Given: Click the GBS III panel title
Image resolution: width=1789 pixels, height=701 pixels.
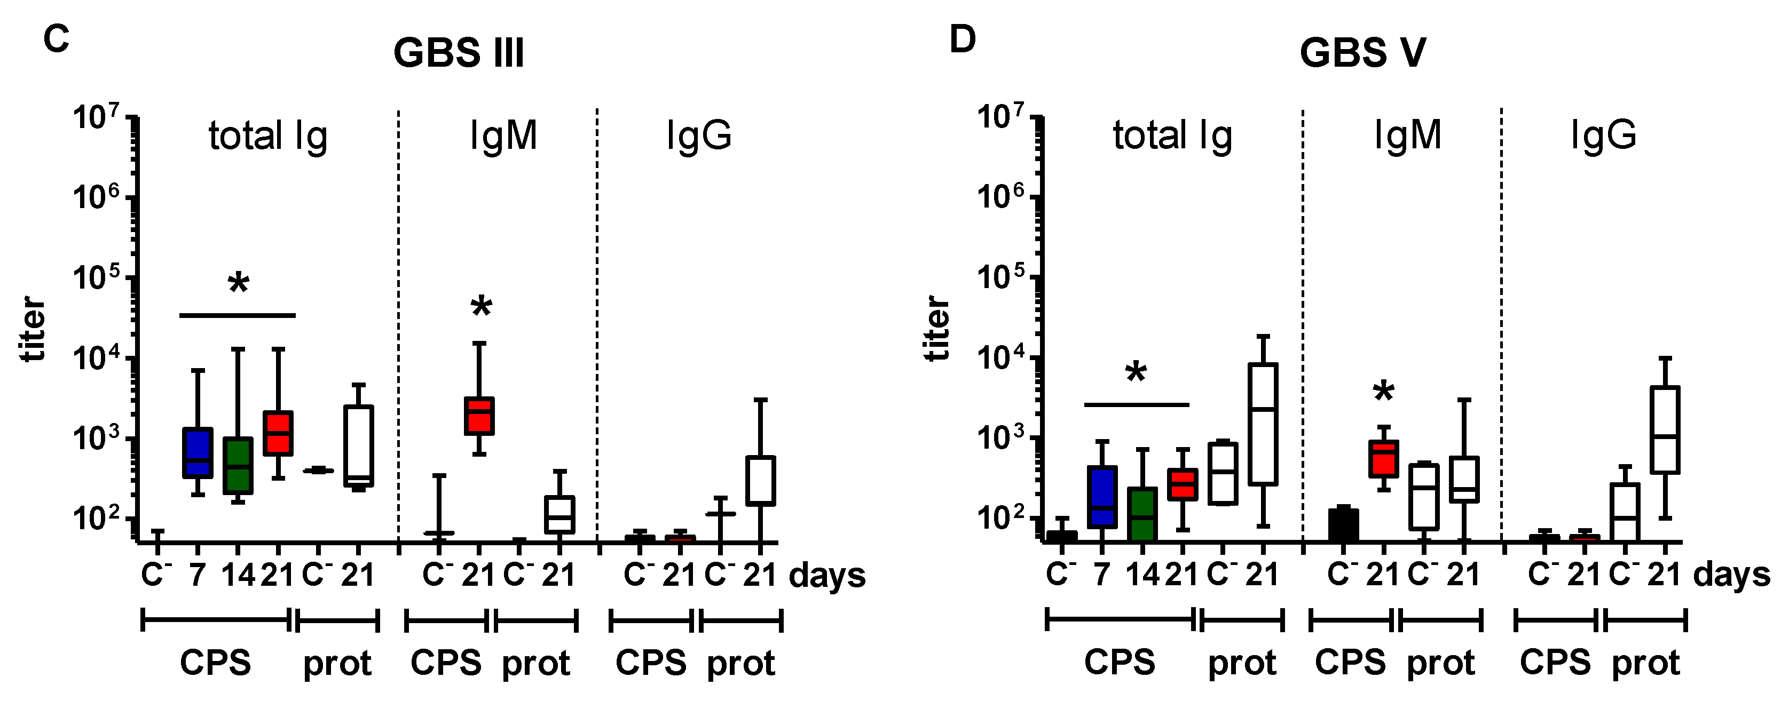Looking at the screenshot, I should click(x=459, y=53).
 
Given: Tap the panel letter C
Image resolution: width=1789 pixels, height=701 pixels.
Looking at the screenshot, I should click(x=56, y=39).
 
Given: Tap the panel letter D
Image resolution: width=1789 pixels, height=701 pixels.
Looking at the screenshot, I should click(x=963, y=39).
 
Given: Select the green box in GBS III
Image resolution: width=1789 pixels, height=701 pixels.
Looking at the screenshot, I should click(x=238, y=466).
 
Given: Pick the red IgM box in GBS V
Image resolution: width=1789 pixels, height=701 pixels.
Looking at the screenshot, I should click(x=1383, y=459).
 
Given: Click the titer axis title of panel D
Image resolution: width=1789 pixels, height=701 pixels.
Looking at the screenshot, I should click(x=937, y=328).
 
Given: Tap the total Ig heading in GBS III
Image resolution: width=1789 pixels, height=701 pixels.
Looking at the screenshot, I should click(x=268, y=136).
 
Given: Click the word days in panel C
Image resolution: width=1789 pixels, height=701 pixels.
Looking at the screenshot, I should click(x=827, y=576).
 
